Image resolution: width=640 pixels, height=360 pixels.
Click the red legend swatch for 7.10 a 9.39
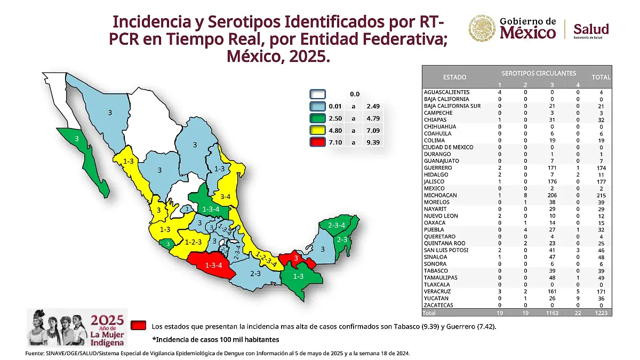pyautogui.click(x=318, y=142)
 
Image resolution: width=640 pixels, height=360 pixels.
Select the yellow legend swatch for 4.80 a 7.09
pyautogui.click(x=318, y=130)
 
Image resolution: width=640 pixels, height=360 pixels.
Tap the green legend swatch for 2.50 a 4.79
pyautogui.click(x=318, y=118)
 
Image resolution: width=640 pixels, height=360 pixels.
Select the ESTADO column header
pyautogui.click(x=454, y=77)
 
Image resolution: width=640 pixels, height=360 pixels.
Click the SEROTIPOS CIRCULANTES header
pyautogui.click(x=539, y=73)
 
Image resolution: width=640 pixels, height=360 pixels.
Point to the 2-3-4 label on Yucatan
pyautogui.click(x=336, y=226)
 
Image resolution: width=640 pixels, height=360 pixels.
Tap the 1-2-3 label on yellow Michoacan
pyautogui.click(x=193, y=242)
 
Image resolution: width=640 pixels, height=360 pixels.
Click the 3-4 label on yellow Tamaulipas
pyautogui.click(x=225, y=197)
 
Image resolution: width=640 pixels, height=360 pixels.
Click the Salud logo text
pyautogui.click(x=590, y=29)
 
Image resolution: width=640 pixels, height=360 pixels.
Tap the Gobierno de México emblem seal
pyautogui.click(x=483, y=28)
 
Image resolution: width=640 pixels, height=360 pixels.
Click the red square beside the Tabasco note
pyautogui.click(x=140, y=325)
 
